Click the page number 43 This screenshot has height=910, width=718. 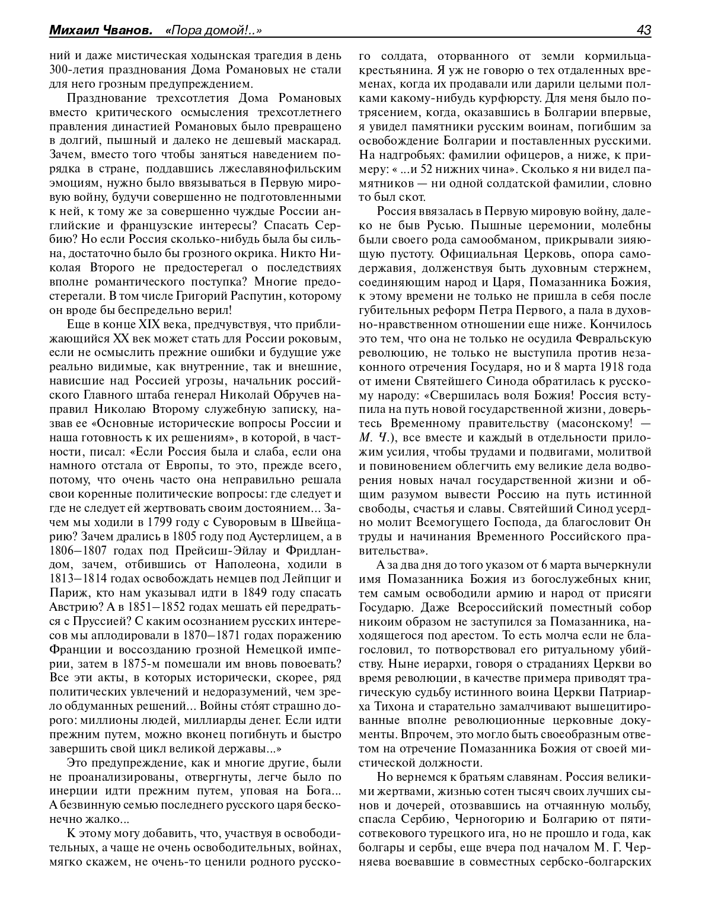click(x=643, y=30)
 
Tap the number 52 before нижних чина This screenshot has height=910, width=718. click(x=430, y=170)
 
